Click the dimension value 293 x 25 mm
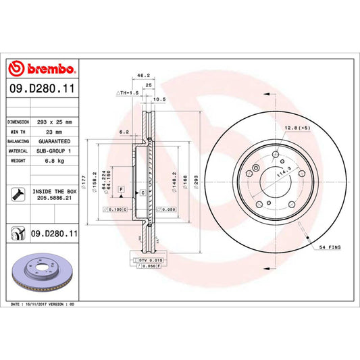53,122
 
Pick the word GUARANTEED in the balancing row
53,142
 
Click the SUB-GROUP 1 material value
53,151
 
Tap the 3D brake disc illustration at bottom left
42,274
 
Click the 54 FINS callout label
330,249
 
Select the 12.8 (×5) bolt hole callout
297,128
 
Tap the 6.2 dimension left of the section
124,132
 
